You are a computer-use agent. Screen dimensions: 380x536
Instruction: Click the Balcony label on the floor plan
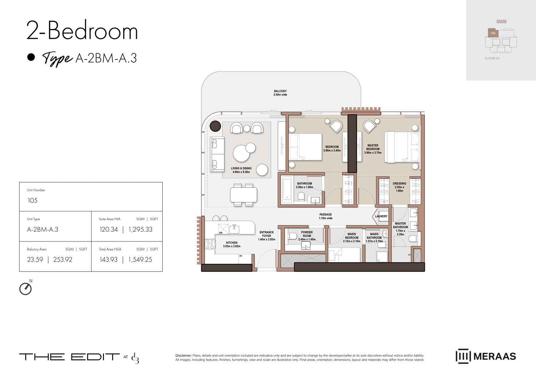pyautogui.click(x=280, y=93)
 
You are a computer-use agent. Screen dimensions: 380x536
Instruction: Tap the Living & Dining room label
pyautogui.click(x=241, y=170)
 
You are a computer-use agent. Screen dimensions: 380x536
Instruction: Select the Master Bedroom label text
pyautogui.click(x=373, y=149)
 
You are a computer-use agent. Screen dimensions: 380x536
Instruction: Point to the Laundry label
pyautogui.click(x=381, y=216)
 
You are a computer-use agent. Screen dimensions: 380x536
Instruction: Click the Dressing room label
pyautogui.click(x=399, y=187)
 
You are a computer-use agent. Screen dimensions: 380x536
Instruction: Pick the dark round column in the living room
pyautogui.click(x=215, y=126)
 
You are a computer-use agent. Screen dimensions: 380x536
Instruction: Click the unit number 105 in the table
pyautogui.click(x=33, y=200)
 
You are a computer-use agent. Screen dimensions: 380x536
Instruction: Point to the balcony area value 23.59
pyautogui.click(x=35, y=259)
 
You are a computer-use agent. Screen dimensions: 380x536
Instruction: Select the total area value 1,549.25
pyautogui.click(x=140, y=259)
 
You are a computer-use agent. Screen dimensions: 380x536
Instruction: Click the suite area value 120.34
pyautogui.click(x=109, y=229)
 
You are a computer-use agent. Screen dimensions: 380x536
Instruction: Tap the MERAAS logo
pyautogui.click(x=486, y=356)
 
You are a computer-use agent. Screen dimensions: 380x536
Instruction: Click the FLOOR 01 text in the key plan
pyautogui.click(x=492, y=58)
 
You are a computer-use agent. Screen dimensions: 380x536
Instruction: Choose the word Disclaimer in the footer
pyautogui.click(x=183, y=355)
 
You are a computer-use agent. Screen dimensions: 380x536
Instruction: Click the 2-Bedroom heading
pyautogui.click(x=82, y=31)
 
